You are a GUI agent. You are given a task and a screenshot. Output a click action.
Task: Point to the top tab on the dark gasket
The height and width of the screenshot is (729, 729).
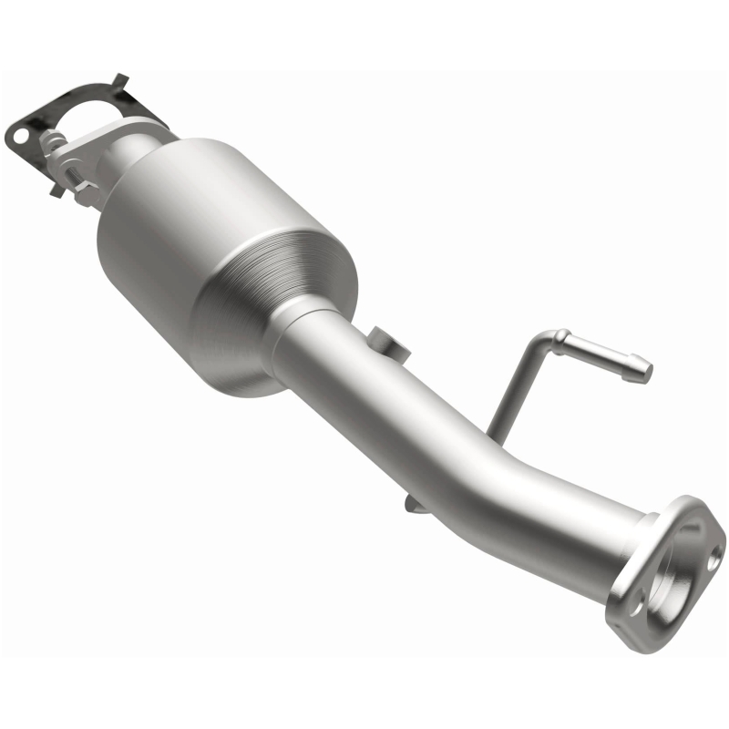click(118, 81)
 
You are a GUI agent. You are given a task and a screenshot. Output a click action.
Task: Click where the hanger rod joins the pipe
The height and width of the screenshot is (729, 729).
click(492, 428)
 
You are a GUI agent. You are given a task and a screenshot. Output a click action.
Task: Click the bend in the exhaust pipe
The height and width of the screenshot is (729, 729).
click(510, 474)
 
